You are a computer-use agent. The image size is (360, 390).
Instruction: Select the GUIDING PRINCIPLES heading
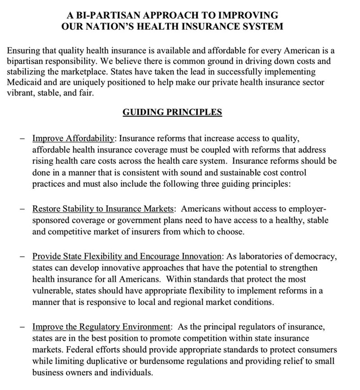pos(172,112)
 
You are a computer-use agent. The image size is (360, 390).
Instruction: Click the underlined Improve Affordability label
pos(74,138)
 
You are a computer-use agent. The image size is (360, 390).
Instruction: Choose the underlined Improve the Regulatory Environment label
pos(101,327)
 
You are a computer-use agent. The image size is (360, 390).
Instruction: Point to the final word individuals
pos(133,373)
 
